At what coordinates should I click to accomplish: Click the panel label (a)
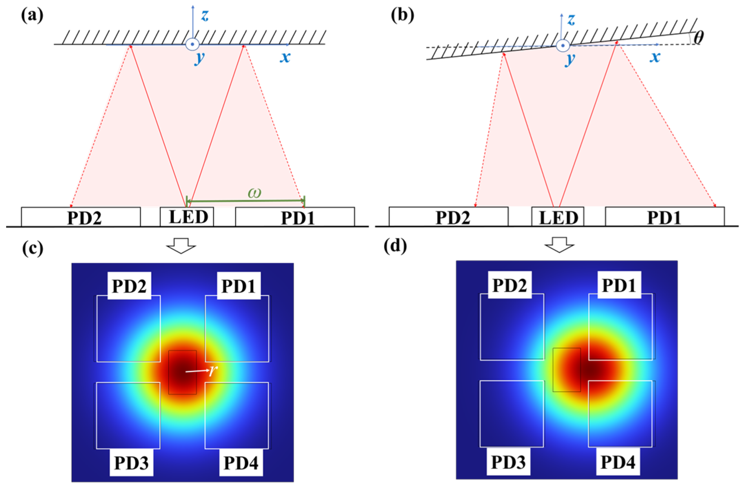tap(32, 16)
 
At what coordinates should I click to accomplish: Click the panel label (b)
tap(402, 16)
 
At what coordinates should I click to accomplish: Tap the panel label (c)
tap(33, 248)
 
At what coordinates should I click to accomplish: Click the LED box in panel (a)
tap(187, 217)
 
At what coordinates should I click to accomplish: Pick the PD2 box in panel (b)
tap(449, 217)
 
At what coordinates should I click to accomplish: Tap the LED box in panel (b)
tap(557, 217)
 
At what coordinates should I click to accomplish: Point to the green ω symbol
tap(254, 193)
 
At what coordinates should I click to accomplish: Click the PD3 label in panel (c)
tap(131, 463)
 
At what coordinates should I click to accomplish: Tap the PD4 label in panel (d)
tap(618, 462)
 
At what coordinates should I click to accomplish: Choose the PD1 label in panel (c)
tap(239, 286)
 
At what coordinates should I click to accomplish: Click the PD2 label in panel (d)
tap(510, 285)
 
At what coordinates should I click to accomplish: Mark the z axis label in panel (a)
tap(205, 16)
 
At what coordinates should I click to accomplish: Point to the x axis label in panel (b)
tap(655, 57)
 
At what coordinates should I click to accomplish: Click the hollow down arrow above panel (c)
tap(181, 246)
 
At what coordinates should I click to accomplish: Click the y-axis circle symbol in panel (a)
tap(192, 44)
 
